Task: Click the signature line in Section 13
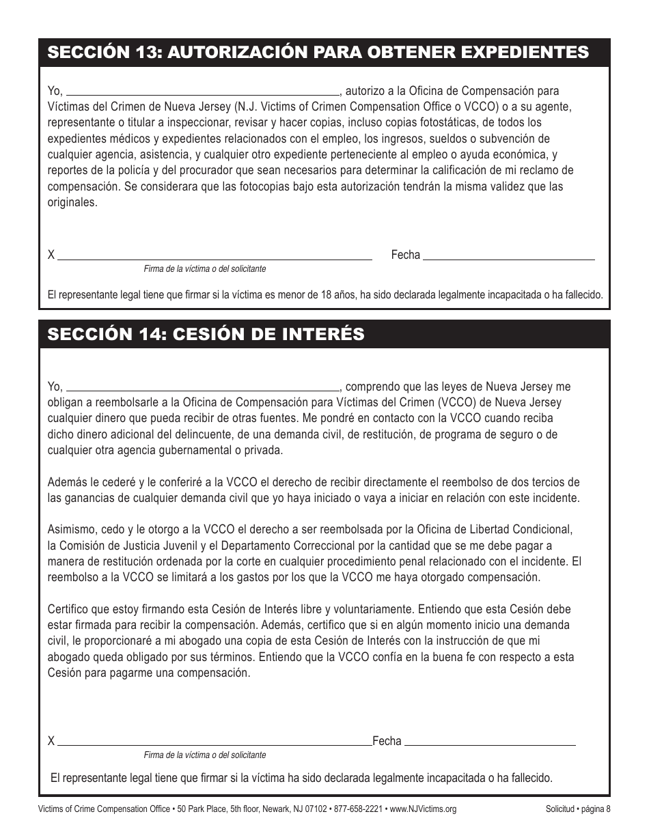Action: [215, 257]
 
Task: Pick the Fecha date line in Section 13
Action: [509, 257]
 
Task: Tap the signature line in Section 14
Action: [215, 742]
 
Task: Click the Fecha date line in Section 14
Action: [492, 742]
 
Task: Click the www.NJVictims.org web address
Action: [423, 809]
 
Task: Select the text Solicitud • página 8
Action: [577, 809]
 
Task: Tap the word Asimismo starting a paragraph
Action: [70, 529]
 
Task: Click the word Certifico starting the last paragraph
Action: [68, 609]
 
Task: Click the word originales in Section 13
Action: [72, 203]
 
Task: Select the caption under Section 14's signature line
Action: [205, 755]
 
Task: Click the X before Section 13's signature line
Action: [51, 255]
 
